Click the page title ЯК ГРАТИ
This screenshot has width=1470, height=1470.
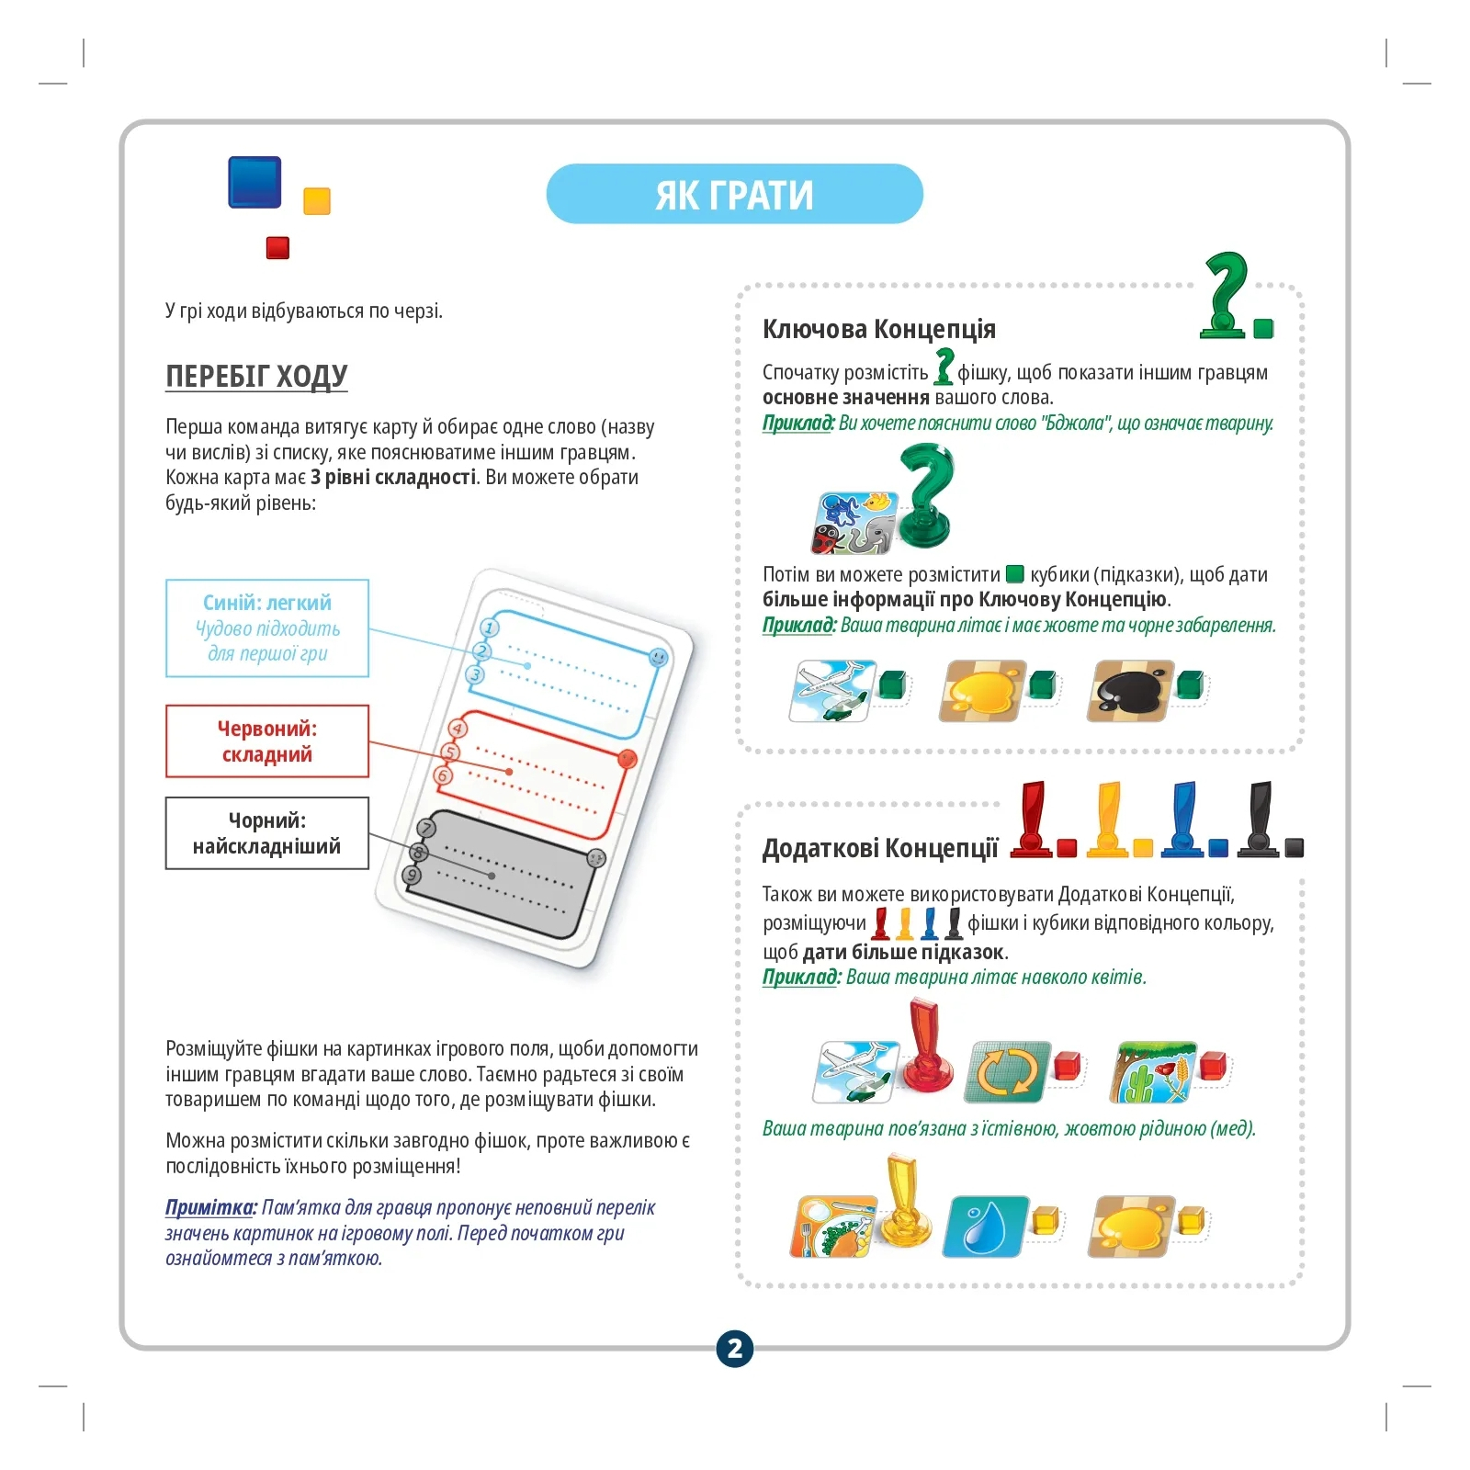pyautogui.click(x=734, y=195)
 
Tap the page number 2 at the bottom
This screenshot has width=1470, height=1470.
pyautogui.click(x=734, y=1349)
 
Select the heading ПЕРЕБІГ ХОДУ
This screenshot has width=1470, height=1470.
pyautogui.click(x=256, y=376)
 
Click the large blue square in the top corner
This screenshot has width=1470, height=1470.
pyautogui.click(x=254, y=182)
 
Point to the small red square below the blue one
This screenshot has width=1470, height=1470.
pyautogui.click(x=277, y=247)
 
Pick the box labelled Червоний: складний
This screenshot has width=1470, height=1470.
pyautogui.click(x=267, y=741)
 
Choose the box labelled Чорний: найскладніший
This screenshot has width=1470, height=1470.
pyautogui.click(x=267, y=833)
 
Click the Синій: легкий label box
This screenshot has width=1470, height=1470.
pyautogui.click(x=267, y=628)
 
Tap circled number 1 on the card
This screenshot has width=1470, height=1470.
pyautogui.click(x=490, y=628)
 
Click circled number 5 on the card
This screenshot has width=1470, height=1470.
pyautogui.click(x=450, y=752)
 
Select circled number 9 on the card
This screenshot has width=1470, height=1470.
pyautogui.click(x=413, y=875)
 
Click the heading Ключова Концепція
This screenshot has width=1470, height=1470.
pyautogui.click(x=878, y=329)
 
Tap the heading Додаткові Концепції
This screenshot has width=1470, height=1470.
pyautogui.click(x=880, y=848)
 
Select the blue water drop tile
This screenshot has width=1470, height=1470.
pyautogui.click(x=986, y=1227)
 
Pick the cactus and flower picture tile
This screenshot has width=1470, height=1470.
pyautogui.click(x=1156, y=1072)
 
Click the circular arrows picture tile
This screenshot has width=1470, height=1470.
pyautogui.click(x=1006, y=1072)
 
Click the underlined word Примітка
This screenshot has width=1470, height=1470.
pyautogui.click(x=210, y=1207)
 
